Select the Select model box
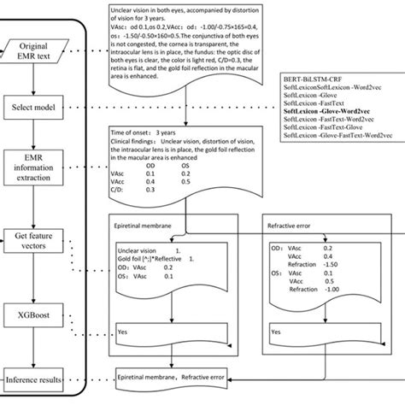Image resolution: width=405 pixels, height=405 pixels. (34, 108)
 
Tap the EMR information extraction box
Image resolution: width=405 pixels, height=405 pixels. (34, 168)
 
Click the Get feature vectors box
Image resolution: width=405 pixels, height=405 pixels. (34, 242)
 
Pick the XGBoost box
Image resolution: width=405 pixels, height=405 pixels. (34, 316)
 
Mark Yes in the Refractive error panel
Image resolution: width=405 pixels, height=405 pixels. (276, 330)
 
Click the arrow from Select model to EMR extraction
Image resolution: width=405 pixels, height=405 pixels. (33, 135)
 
